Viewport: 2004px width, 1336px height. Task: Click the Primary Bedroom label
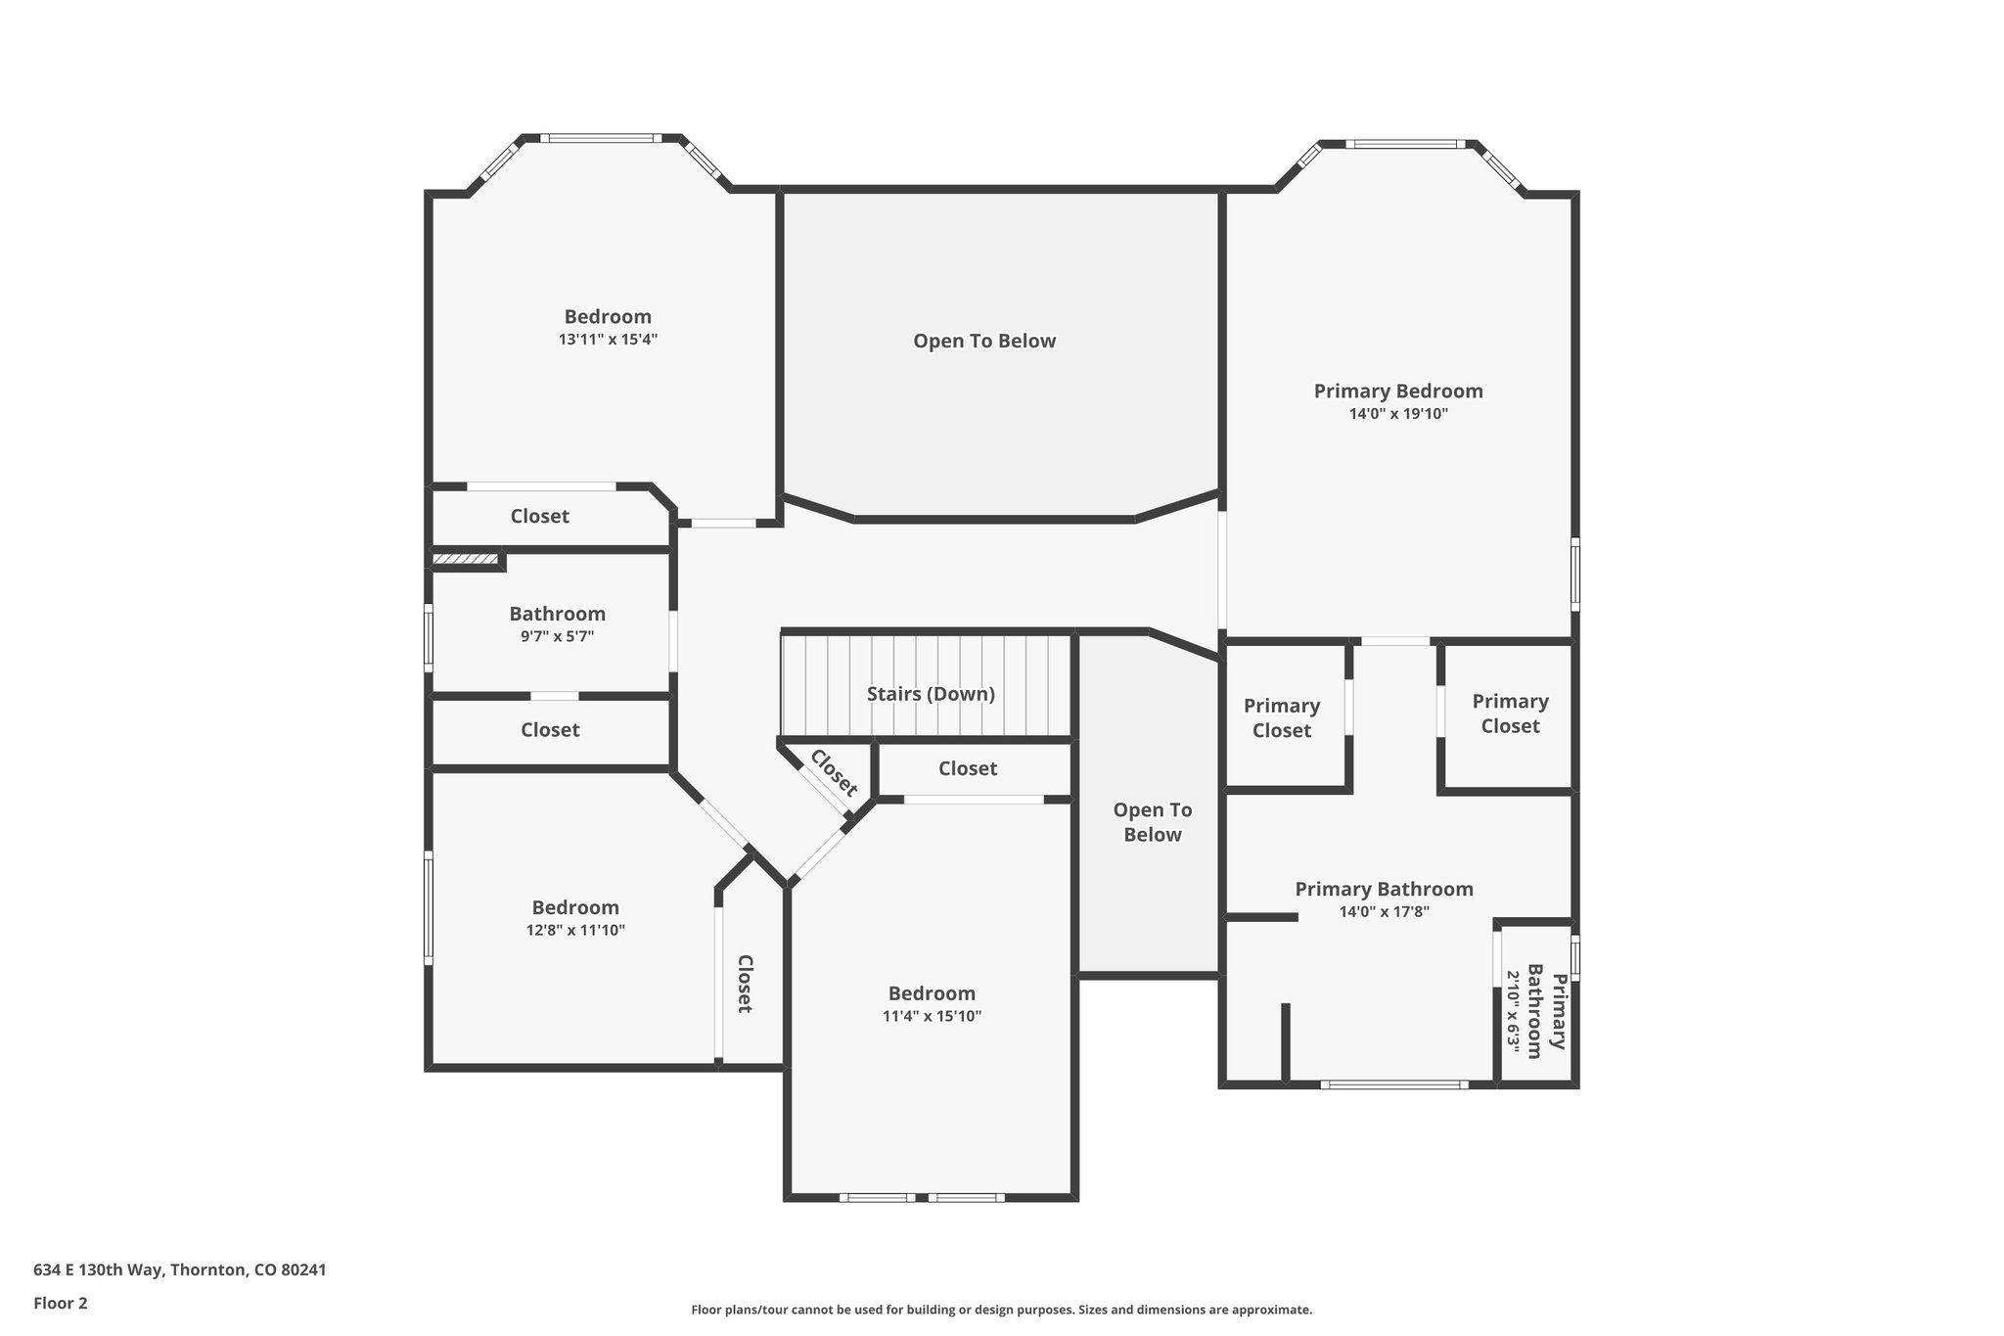tap(1397, 392)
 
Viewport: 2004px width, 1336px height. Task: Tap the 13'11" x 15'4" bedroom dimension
tap(608, 340)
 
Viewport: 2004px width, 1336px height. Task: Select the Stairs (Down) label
tap(931, 694)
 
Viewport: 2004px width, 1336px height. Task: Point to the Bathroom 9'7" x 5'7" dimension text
tap(557, 636)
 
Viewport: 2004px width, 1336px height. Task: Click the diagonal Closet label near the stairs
tap(834, 773)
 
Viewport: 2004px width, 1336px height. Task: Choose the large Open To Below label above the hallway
tap(984, 342)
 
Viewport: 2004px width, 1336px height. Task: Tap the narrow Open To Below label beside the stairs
tap(1152, 822)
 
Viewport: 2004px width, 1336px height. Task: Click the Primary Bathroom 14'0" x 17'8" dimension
tap(1384, 912)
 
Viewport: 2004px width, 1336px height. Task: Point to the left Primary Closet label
tap(1281, 718)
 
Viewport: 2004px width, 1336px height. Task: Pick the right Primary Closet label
tap(1510, 714)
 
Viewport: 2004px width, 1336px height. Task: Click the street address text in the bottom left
tap(180, 1269)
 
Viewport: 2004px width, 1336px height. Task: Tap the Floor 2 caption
tap(61, 1303)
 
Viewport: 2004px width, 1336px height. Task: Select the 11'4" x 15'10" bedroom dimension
tap(932, 1016)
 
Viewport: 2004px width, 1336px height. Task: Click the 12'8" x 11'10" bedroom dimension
tap(575, 931)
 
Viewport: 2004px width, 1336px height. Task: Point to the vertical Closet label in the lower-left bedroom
tap(744, 984)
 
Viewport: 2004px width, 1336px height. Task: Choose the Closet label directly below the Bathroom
tap(550, 730)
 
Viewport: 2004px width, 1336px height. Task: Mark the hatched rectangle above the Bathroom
tap(466, 560)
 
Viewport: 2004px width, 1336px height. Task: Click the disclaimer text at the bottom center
tap(1001, 1310)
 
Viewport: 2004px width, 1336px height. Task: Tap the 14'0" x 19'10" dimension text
tap(1397, 414)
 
